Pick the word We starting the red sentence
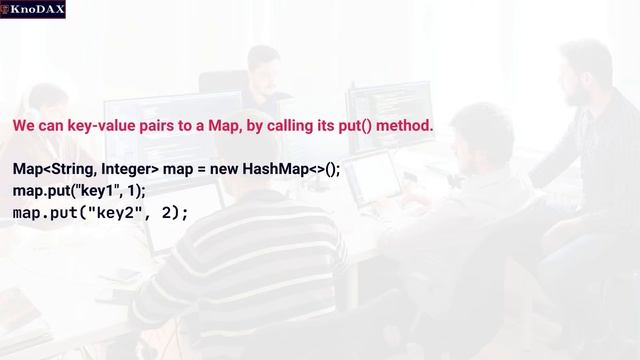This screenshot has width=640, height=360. [23, 127]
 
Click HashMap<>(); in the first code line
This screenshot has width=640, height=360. [297, 169]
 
